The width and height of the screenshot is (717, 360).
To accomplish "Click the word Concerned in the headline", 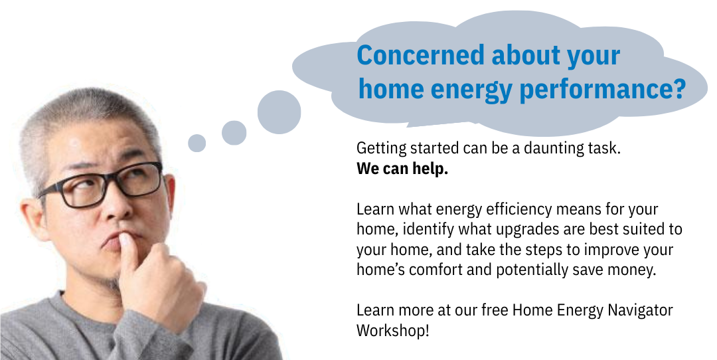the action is click(420, 55).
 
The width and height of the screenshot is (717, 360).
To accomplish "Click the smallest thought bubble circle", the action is click(197, 143).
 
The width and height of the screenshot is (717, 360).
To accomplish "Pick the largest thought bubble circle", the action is click(279, 112).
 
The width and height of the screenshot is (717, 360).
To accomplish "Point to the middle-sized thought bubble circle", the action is click(234, 133).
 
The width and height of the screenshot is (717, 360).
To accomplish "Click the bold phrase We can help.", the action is click(402, 169).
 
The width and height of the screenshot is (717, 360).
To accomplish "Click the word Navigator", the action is click(640, 310).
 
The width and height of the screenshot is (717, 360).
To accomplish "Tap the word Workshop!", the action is click(393, 330).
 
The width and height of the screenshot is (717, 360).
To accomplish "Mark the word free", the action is click(495, 310).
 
